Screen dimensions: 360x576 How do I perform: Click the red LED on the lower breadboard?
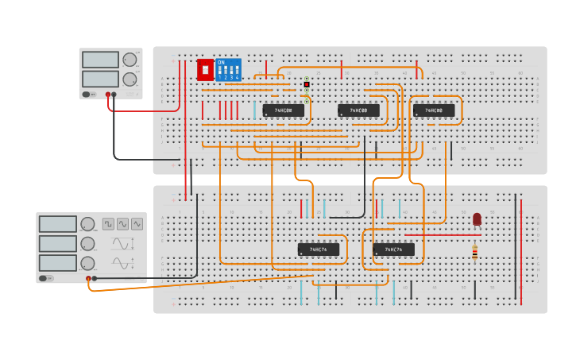coord(477,219)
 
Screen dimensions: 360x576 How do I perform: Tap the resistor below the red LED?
coord(475,253)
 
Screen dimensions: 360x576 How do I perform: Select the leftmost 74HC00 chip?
coord(284,110)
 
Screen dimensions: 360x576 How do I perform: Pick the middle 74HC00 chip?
coord(358,110)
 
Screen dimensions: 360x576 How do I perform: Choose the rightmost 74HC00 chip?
coord(434,110)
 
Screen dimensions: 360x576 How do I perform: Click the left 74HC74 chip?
coord(319,250)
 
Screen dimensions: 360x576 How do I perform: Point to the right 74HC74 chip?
coord(393,250)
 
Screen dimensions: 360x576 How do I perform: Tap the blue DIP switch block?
coord(228,70)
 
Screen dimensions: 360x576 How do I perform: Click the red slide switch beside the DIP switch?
coord(205,70)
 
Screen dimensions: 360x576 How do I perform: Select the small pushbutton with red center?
coord(307,84)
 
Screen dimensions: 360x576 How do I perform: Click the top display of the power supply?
coord(100,60)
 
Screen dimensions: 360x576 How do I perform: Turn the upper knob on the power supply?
coord(130,60)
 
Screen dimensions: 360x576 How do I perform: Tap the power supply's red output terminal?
coord(108,95)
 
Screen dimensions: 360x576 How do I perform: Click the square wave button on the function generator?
coord(108,224)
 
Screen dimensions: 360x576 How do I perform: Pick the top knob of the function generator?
coord(87,224)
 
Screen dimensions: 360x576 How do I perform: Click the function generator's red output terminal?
coord(88,278)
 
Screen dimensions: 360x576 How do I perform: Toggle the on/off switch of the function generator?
coord(46,278)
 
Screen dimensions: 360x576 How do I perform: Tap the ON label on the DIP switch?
coord(221,62)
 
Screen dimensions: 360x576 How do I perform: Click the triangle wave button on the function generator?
coord(137,224)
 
